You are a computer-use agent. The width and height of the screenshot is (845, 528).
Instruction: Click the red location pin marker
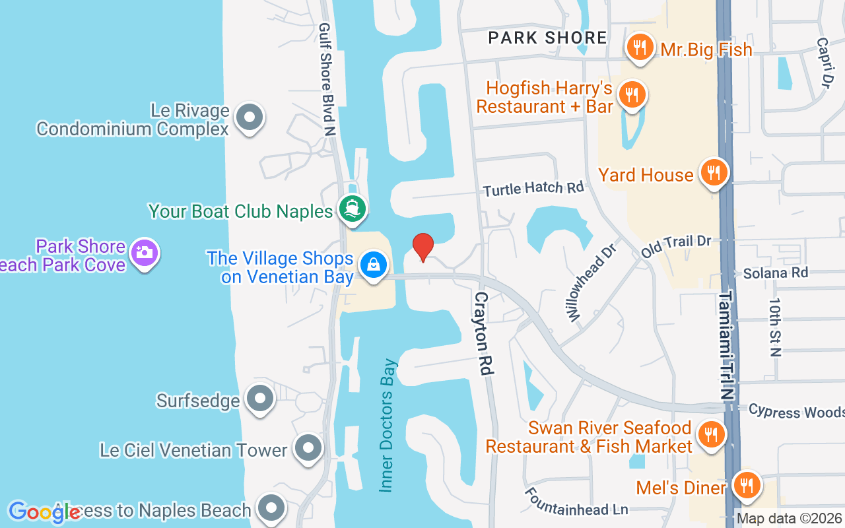click(422, 247)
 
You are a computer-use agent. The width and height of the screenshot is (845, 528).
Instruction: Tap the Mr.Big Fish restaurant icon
click(639, 47)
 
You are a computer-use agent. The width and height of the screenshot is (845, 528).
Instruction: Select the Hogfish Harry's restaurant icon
click(632, 94)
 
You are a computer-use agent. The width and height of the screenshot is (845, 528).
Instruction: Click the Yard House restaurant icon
click(713, 172)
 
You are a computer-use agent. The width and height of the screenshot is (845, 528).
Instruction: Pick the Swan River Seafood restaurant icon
click(710, 434)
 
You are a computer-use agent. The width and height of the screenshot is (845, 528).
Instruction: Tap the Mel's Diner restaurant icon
click(747, 486)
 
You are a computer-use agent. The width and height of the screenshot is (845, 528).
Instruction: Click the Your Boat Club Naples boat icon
click(353, 209)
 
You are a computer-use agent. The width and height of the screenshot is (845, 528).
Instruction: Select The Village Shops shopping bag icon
click(373, 265)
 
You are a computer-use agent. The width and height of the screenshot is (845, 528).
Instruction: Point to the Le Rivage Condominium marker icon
click(249, 117)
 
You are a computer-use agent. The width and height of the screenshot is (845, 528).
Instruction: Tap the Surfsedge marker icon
click(259, 398)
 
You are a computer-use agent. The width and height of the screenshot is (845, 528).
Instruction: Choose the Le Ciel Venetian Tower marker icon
click(307, 448)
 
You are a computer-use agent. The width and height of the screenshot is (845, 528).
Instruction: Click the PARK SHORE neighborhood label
click(547, 38)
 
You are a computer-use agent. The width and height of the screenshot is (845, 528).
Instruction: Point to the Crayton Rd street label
click(484, 334)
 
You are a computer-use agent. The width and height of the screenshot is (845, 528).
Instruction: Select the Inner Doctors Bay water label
click(388, 426)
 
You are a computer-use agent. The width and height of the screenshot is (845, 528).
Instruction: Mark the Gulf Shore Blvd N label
click(327, 79)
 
